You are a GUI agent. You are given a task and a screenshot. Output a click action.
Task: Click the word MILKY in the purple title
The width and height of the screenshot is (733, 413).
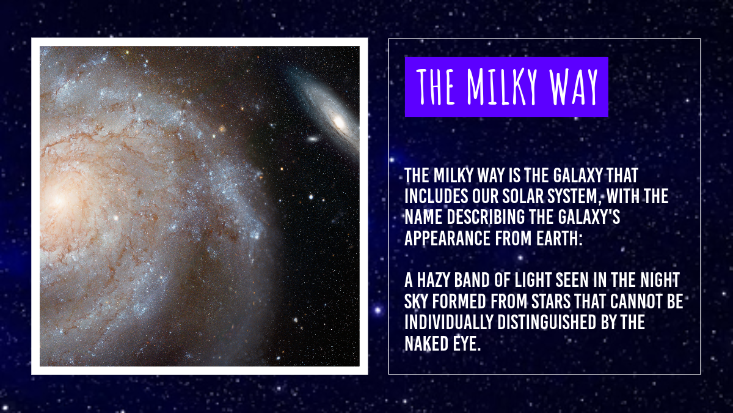coord(502,87)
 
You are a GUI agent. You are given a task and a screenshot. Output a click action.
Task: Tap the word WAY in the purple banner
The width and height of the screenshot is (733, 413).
coord(574,87)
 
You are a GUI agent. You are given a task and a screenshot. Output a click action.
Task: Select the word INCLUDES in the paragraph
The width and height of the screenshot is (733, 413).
coord(436,196)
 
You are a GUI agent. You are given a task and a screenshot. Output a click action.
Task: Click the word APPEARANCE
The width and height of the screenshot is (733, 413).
coord(447,238)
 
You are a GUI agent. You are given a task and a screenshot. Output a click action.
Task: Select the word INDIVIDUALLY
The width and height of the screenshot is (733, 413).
coord(448,322)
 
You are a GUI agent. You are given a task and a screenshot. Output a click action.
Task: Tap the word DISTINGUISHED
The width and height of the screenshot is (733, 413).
coord(547,322)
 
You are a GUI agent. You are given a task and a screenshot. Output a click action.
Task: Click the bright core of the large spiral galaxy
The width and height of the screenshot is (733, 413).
coord(59,199)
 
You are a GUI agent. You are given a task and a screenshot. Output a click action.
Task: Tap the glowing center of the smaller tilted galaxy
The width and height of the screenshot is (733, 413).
coord(340,123)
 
